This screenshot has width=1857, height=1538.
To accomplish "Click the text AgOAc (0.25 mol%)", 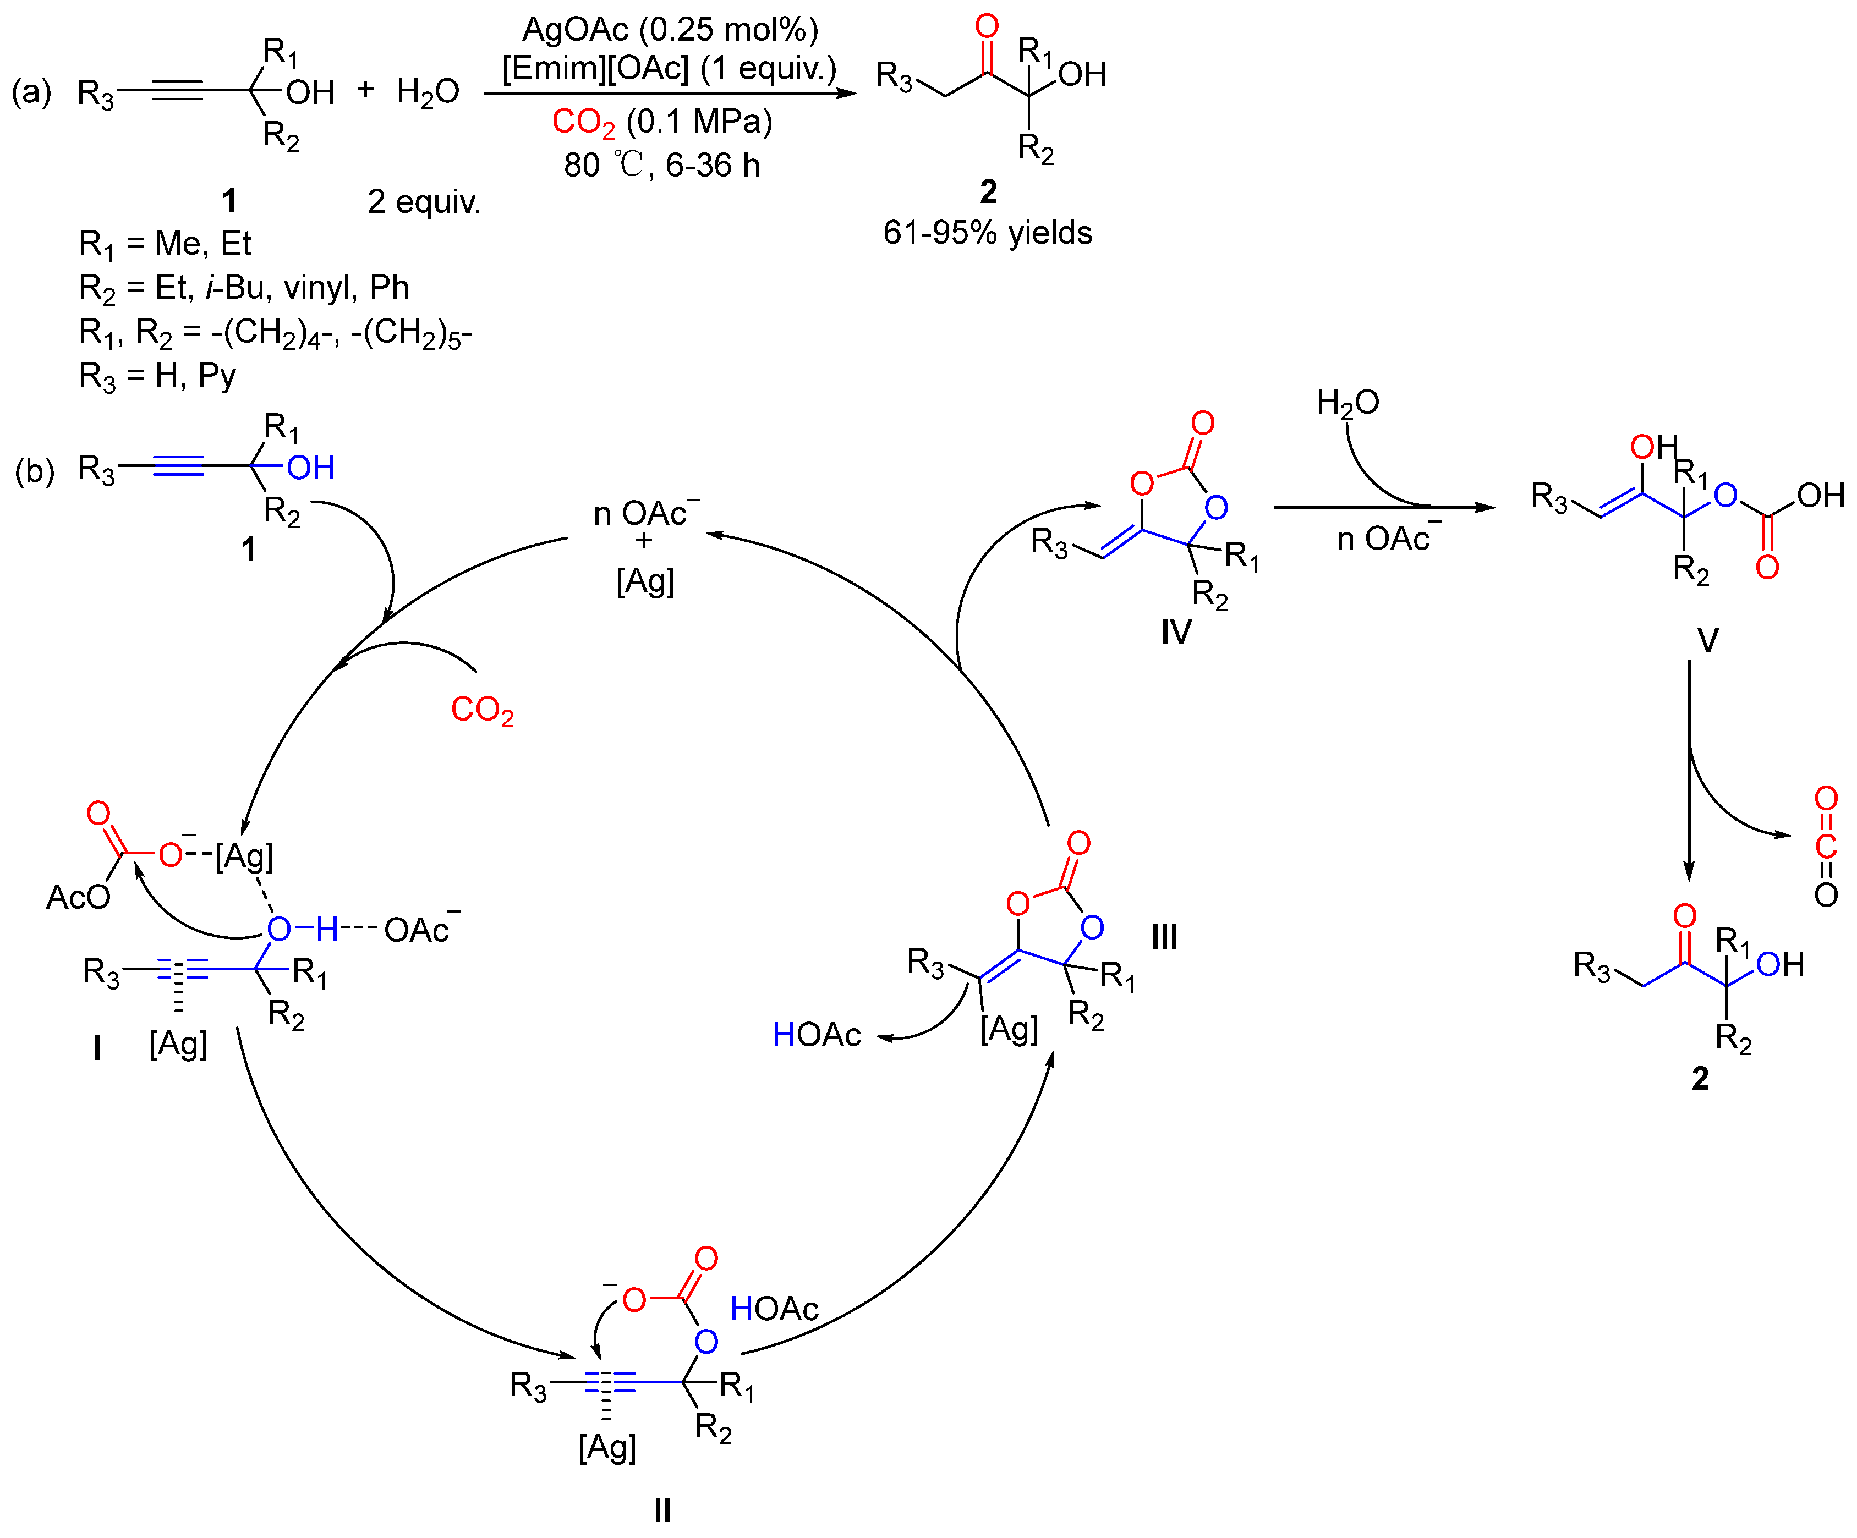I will [670, 30].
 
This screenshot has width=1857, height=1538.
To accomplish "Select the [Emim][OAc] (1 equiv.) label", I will [670, 69].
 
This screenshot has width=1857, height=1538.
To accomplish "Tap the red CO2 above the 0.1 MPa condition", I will [583, 122].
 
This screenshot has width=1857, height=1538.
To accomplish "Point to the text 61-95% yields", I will [987, 233].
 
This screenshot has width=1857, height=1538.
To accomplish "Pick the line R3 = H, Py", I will [157, 377].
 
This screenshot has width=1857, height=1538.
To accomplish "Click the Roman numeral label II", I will [662, 1510].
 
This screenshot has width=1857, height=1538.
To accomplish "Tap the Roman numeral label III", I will [1164, 937].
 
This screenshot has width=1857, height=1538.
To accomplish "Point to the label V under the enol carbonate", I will [1707, 640].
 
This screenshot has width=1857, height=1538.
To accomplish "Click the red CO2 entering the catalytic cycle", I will [482, 710].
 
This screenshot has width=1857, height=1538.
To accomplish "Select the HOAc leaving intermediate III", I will [816, 1035].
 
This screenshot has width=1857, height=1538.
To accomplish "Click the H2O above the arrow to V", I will [1347, 403].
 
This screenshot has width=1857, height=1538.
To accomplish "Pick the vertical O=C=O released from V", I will [1825, 847].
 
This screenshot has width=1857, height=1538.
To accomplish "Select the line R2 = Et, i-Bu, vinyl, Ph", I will [244, 288].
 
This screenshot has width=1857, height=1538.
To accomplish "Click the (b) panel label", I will [35, 470].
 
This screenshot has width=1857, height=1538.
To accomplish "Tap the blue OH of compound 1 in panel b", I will [310, 468].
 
